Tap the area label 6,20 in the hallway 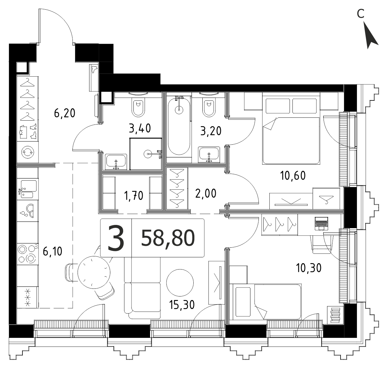pyautogui.click(x=64, y=113)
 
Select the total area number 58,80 pyautogui.click(x=168, y=238)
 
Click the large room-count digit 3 pyautogui.click(x=116, y=238)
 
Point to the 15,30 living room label pyautogui.click(x=182, y=305)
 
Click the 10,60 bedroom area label pyautogui.click(x=293, y=176)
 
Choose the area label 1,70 pyautogui.click(x=134, y=196)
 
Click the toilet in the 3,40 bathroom pyautogui.click(x=138, y=108)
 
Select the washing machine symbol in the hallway pyautogui.click(x=28, y=152)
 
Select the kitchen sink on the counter pyautogui.click(x=28, y=189)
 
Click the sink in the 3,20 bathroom pyautogui.click(x=209, y=155)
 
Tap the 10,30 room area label pyautogui.click(x=308, y=268)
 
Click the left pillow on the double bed pyautogui.click(x=278, y=106)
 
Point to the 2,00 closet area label pyautogui.click(x=206, y=193)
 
